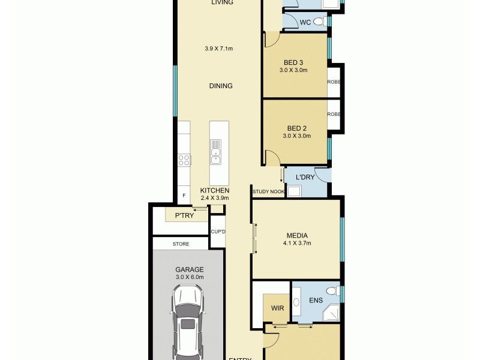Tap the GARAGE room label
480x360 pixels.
click(190, 269)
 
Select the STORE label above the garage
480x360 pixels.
click(181, 244)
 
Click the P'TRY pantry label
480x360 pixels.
click(184, 215)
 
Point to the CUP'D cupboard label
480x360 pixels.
click(217, 232)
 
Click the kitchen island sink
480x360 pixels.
click(215, 151)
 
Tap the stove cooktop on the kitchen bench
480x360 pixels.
click(184, 160)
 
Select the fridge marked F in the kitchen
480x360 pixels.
click(184, 196)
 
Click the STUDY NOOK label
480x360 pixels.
click(268, 192)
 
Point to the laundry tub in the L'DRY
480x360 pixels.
click(294, 192)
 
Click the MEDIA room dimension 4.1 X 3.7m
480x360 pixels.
click(296, 243)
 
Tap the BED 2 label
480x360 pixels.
click(296, 128)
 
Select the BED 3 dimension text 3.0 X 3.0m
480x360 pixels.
click(293, 70)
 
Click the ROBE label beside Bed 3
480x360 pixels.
click(334, 82)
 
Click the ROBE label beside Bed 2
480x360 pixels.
click(334, 114)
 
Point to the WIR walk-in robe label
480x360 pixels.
click(277, 308)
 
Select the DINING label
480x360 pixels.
click(221, 86)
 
